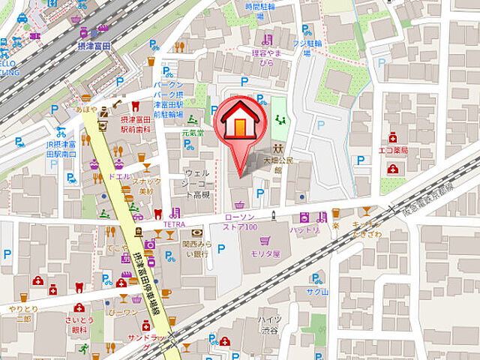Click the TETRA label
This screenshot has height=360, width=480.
[x=174, y=223]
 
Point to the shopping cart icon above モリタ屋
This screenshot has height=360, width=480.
[x=265, y=241]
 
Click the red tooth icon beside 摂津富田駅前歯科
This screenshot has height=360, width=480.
[x=135, y=106]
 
